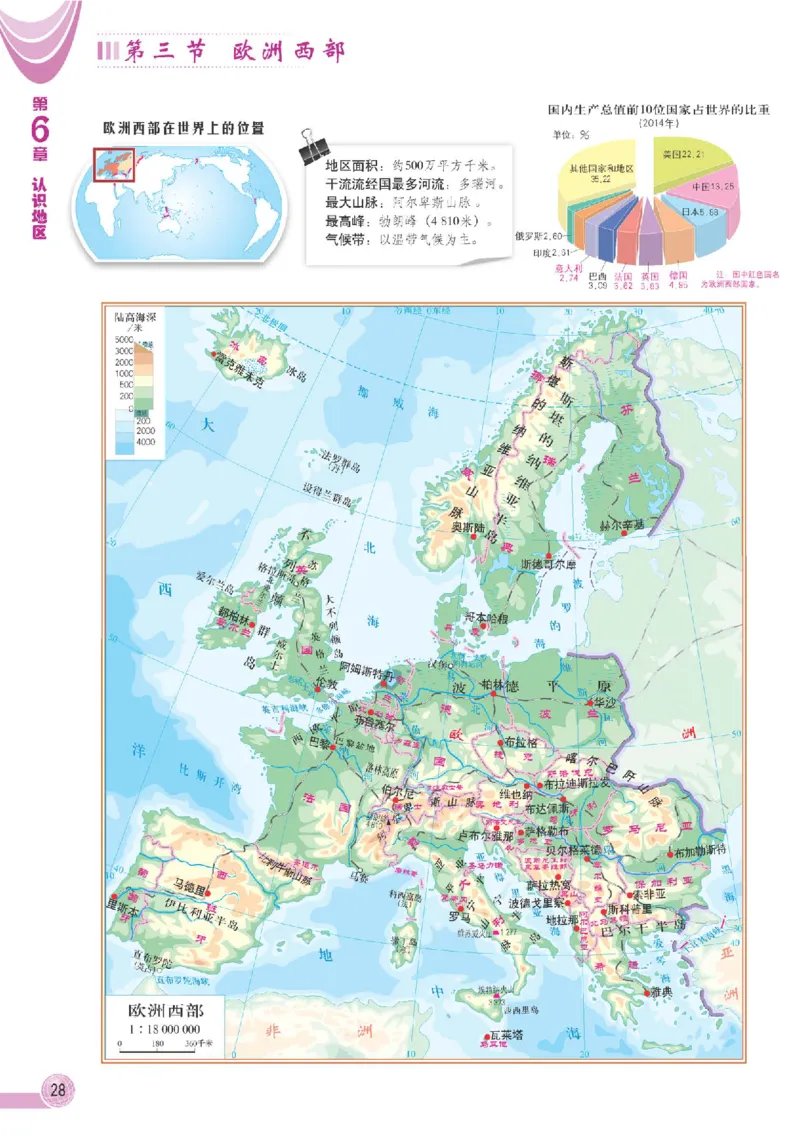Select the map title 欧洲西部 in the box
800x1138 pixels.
[166, 1010]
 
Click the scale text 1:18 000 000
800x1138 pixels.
[166, 1029]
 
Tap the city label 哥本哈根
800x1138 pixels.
[487, 620]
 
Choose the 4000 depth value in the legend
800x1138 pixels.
[147, 441]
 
